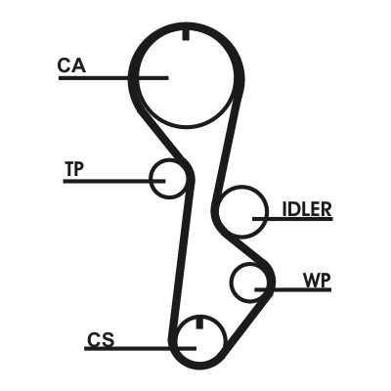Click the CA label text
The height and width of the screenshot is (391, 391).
click(71, 65)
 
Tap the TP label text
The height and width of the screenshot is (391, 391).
click(74, 169)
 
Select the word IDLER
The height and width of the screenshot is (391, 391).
click(307, 209)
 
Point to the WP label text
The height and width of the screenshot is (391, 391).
click(317, 281)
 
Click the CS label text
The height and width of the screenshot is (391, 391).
click(101, 339)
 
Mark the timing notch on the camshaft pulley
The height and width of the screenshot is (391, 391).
click(186, 34)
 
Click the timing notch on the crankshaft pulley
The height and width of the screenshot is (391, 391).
click(199, 323)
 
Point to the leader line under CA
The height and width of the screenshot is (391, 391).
click(113, 78)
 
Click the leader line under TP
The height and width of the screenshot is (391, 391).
click(114, 181)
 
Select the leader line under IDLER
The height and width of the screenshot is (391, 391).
click(292, 219)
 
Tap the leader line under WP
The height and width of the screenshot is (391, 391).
click(293, 289)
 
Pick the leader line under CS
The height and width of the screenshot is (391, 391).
click(140, 348)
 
